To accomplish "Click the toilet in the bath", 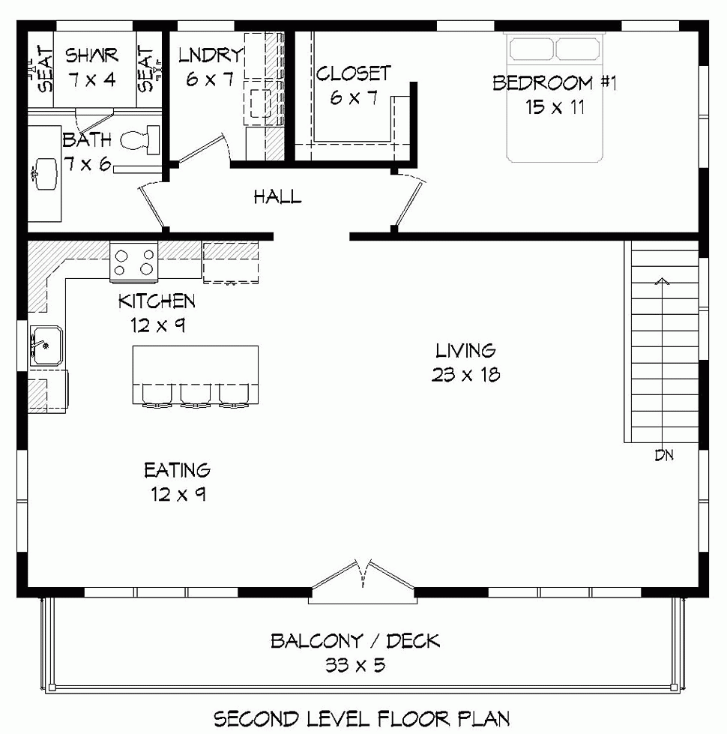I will (142, 139).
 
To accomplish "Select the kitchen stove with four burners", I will (134, 262).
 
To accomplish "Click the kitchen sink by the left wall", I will (46, 346).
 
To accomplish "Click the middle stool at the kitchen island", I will (195, 395).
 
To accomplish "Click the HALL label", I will (277, 198).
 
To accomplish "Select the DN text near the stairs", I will (664, 455).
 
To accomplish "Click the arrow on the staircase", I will (662, 282).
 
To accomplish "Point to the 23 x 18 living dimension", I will (465, 375).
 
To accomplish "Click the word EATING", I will (178, 471).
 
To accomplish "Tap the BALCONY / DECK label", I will (355, 641).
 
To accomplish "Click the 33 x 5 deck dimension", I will (355, 665).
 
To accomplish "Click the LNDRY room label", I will (211, 55).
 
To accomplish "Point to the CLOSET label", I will (353, 73).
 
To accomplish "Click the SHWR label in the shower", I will (91, 55).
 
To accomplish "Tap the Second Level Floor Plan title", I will (363, 718).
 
